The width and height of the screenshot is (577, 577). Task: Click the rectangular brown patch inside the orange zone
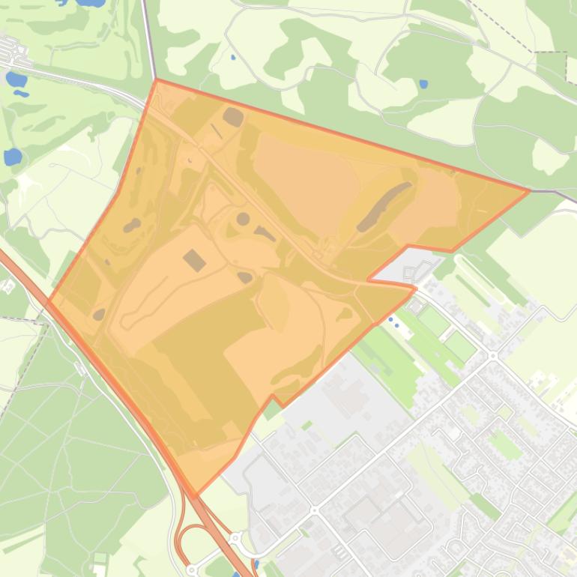(194, 260)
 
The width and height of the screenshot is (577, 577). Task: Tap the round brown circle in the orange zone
(243, 219)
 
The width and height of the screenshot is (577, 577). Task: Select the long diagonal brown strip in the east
(384, 206)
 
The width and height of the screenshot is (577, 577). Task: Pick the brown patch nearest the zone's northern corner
(233, 117)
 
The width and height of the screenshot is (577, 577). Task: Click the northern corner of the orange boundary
(157, 79)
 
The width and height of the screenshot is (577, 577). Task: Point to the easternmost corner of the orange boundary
(529, 190)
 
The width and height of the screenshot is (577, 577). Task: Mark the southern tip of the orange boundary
(196, 495)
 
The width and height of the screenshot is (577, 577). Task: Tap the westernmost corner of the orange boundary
(48, 301)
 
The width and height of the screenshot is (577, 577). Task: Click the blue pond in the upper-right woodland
(423, 84)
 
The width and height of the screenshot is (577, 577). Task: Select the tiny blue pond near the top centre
(233, 57)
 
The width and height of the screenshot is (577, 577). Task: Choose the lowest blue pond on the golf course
(13, 157)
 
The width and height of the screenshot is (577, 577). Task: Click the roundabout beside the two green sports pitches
(492, 355)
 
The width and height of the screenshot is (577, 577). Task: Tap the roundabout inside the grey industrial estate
(315, 510)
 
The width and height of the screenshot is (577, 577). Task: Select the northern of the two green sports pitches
(434, 321)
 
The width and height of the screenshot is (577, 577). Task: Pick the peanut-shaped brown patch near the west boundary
(132, 224)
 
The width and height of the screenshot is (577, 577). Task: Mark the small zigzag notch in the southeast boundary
(274, 399)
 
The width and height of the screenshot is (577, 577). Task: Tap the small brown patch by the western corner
(99, 314)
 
